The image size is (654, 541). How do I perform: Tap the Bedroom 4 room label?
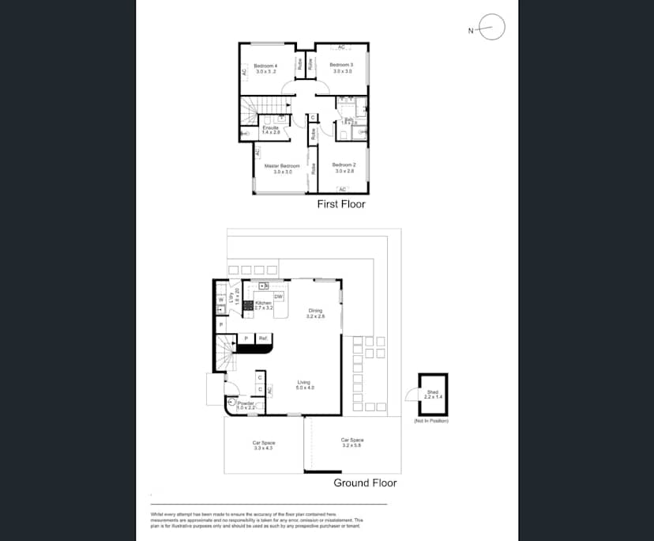pos(265,66)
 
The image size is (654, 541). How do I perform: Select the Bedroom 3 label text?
pos(341,65)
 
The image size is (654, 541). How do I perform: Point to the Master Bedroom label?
pos(282,166)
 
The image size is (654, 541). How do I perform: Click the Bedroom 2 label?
pos(344,165)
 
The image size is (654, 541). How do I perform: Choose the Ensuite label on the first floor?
pos(271,128)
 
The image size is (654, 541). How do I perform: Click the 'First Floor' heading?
pos(341,204)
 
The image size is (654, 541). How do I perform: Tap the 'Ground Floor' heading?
pos(365,482)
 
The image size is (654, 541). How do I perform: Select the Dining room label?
pos(316,311)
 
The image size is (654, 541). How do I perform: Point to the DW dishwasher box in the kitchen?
pos(278,296)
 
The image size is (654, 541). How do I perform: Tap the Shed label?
pos(432,392)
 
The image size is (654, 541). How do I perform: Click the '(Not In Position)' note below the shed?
pos(430,421)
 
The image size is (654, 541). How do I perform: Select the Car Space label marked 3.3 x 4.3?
pos(263,443)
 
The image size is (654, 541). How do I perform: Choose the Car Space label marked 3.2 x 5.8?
pos(352,441)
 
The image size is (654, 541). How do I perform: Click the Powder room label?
pos(246,403)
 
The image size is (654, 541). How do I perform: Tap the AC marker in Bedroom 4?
pos(245,72)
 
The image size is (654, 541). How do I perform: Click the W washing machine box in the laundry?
pos(220,301)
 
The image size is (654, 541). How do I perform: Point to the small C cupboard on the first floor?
pos(313,118)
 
